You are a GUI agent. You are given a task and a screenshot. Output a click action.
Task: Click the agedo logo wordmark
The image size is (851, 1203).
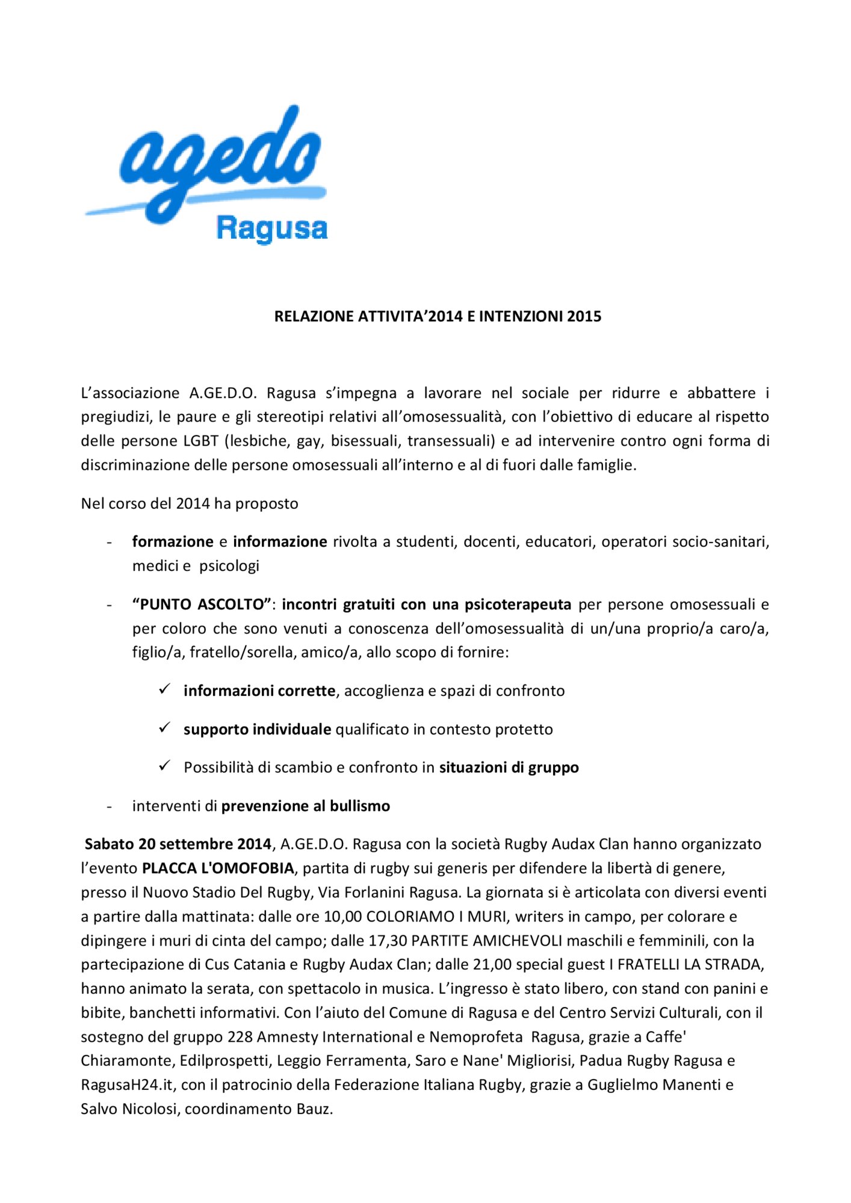point(220,162)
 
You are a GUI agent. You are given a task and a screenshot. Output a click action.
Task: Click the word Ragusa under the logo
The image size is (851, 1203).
point(271,229)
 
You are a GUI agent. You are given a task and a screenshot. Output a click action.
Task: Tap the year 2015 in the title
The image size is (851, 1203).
point(584,316)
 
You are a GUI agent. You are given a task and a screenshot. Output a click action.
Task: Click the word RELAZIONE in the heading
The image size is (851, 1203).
point(314,316)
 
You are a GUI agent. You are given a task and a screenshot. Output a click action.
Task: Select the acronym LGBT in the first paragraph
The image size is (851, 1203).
point(200,441)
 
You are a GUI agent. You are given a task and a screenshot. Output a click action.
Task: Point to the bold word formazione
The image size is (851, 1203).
point(173,541)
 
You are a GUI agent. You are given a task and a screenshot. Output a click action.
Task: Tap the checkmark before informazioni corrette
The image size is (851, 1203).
point(164,689)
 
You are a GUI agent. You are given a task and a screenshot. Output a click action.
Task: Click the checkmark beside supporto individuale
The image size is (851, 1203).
point(164,728)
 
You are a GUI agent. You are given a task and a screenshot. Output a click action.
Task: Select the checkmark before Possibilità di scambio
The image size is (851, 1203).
point(164,766)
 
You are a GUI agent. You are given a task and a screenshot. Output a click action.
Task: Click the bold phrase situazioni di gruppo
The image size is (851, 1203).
point(509,768)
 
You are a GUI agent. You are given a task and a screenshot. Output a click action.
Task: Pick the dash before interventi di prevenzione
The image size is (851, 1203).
point(109,806)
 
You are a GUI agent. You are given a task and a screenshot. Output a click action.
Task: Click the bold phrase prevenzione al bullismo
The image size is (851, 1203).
point(305,806)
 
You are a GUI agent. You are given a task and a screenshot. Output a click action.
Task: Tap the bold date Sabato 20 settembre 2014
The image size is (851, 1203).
point(178,844)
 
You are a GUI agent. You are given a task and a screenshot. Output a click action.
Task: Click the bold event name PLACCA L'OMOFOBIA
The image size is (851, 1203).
point(218,868)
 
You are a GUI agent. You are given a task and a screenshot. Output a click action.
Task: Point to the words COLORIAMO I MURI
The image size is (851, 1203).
point(436,917)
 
